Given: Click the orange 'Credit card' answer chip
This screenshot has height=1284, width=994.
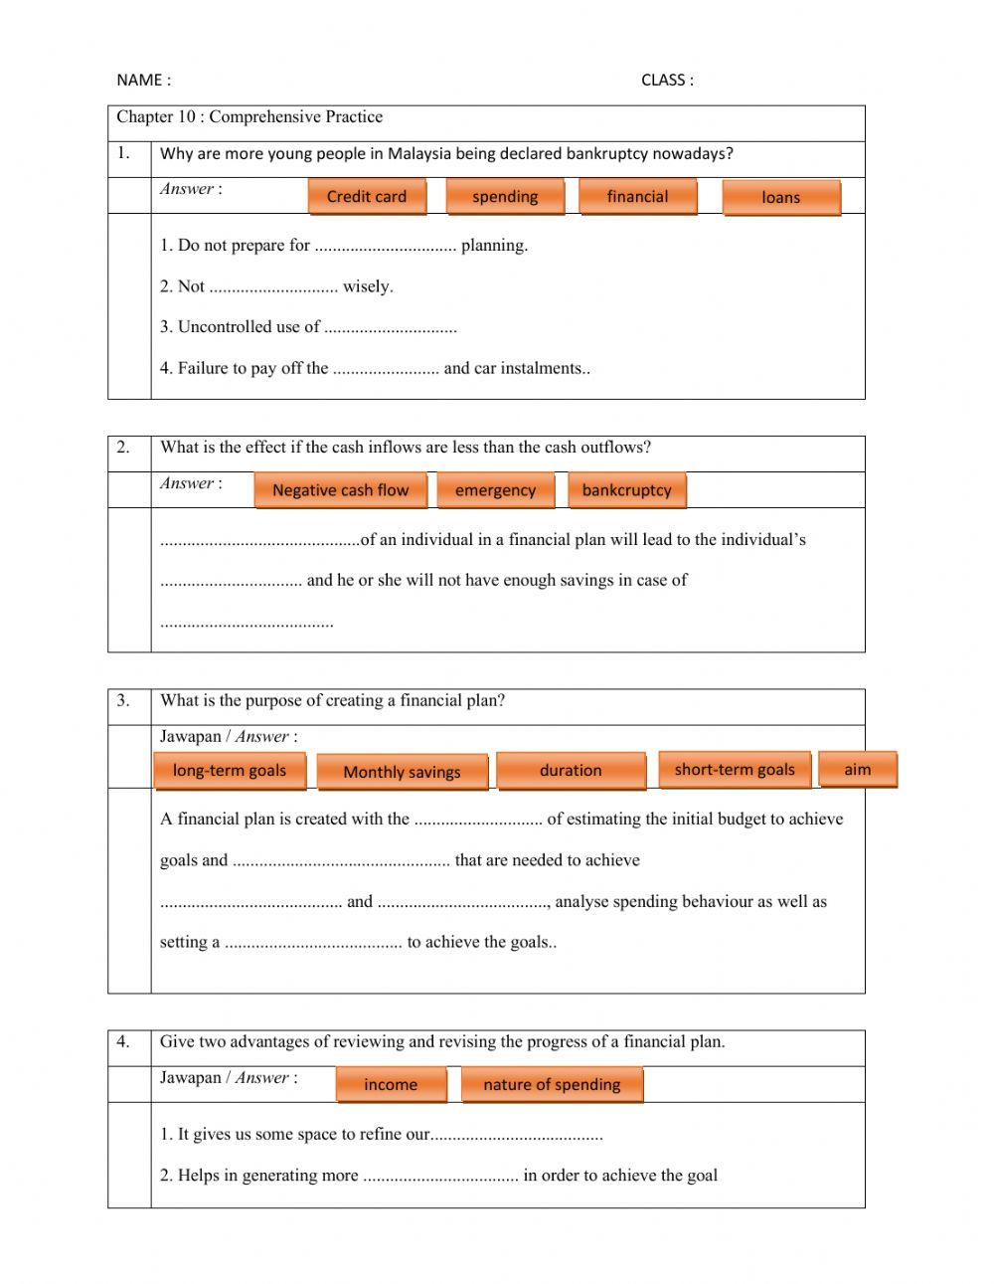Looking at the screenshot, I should (367, 197).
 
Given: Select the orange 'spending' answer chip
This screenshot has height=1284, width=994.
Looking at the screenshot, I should (505, 197).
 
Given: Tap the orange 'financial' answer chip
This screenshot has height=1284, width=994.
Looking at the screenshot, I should (637, 197).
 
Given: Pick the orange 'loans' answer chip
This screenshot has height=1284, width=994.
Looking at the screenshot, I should (780, 198).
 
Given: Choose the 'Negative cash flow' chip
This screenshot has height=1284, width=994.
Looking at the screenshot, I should (341, 490).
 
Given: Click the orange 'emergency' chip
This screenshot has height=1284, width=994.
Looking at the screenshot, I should (495, 490).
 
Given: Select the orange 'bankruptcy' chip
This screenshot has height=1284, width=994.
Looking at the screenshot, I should (626, 490).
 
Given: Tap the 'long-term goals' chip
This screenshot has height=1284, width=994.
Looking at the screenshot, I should (230, 771).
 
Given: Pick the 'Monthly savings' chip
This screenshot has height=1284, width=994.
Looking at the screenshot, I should (402, 772).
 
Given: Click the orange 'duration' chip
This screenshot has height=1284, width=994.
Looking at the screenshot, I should (571, 771).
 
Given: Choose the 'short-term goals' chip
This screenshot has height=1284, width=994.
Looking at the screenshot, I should (735, 770).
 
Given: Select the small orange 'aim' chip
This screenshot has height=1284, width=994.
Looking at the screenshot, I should (857, 770).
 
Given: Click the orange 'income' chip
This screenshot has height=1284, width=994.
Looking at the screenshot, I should (391, 1085).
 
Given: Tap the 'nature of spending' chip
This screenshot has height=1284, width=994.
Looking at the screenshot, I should (552, 1085).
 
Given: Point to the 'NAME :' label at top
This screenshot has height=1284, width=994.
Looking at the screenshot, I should (143, 81).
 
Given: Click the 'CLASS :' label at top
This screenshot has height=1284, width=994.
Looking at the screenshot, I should (667, 81).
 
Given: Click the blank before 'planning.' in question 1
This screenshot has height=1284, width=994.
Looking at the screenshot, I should (385, 247).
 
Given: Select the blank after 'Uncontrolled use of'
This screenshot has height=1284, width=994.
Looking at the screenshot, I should (391, 328).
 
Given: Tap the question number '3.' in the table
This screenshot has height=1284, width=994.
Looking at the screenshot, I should (123, 700).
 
